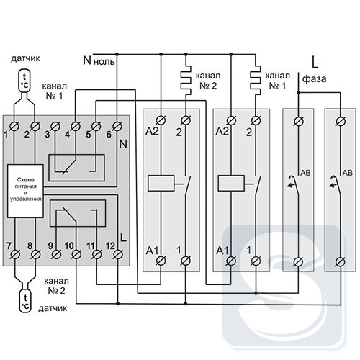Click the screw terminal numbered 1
pyautogui.click(x=14, y=126)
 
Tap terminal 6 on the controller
pyautogui.click(x=117, y=126)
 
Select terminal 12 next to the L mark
pyautogui.click(x=117, y=254)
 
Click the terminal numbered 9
pyautogui.click(x=56, y=254)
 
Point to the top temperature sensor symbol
pyautogui.click(x=24, y=81)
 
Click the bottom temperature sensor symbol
pyautogui.click(x=25, y=300)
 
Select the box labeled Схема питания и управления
pyautogui.click(x=25, y=191)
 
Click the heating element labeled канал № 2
pyautogui.click(x=186, y=80)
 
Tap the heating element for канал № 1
pyautogui.click(x=256, y=80)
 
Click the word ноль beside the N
pyautogui.click(x=104, y=62)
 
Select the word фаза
pyautogui.click(x=314, y=79)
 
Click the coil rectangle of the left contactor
pyautogui.click(x=161, y=184)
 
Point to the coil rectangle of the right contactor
pyautogui.click(x=231, y=184)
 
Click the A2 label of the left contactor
pyautogui.click(x=152, y=132)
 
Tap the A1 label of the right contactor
pyautogui.click(x=222, y=251)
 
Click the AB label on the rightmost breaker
pyautogui.click(x=348, y=173)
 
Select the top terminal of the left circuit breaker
pyautogui.click(x=299, y=122)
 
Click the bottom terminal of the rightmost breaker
pyautogui.click(x=340, y=261)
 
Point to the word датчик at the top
pyautogui.click(x=25, y=58)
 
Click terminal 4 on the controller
pyautogui.click(x=76, y=126)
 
